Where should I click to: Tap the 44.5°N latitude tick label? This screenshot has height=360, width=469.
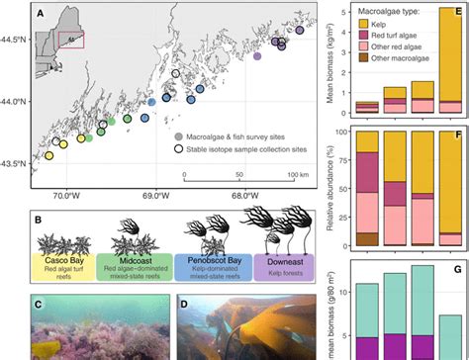tap(17, 41)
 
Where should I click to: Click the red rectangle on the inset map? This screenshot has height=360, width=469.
tap(72, 40)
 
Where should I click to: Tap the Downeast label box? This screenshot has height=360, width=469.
tap(284, 262)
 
